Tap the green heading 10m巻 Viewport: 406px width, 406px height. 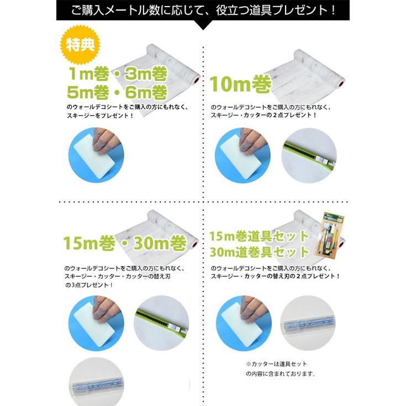coord(240,85)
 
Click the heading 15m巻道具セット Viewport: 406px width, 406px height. coord(259,236)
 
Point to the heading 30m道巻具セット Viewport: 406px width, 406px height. coord(259,251)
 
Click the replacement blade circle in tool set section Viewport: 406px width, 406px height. coord(309,323)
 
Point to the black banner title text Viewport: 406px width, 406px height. coord(203,10)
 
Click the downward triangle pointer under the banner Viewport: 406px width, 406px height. coord(203,25)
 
